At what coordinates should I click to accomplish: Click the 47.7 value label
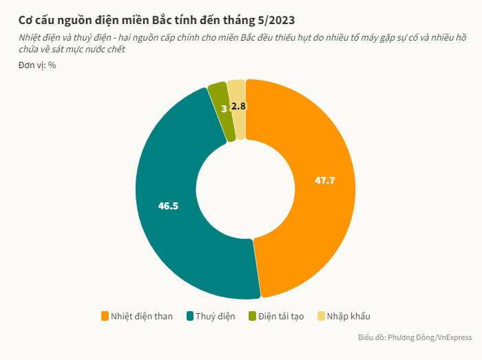point(325,180)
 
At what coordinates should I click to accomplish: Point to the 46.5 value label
point(168,205)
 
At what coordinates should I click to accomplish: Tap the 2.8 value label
point(238,106)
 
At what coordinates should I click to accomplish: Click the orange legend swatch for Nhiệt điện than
point(105,316)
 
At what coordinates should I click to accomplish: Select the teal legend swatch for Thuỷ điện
point(189,316)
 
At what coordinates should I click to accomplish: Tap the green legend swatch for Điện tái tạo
point(252,316)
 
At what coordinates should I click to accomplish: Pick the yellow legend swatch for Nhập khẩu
point(321,316)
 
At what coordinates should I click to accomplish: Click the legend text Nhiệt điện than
point(142,317)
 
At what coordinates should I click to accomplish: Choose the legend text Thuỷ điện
point(215,317)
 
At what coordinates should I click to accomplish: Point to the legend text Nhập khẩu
point(348,317)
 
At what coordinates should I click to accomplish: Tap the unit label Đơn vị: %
point(37,65)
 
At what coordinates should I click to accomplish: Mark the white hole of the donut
point(246,189)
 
